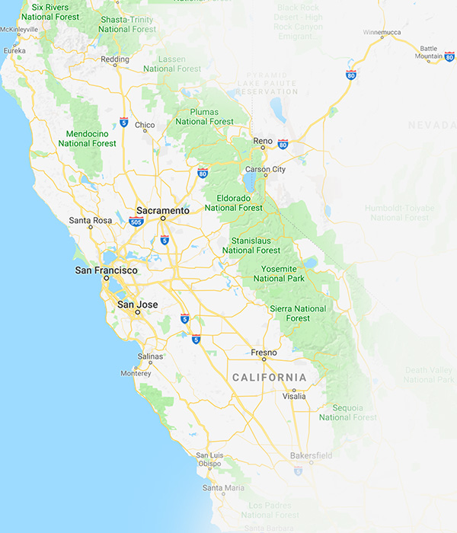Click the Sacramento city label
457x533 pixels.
[162, 210]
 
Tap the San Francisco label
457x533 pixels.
[106, 270]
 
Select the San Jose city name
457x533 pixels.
[137, 305]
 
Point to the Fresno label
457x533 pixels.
[264, 353]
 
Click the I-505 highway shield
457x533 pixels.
[136, 222]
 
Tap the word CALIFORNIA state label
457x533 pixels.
[269, 377]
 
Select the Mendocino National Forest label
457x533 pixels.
[87, 138]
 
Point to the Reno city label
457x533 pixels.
[263, 141]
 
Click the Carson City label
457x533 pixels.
[264, 169]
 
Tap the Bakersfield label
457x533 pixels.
[311, 455]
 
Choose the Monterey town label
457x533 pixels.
[136, 374]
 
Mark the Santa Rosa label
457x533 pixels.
[91, 221]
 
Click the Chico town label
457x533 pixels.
[145, 125]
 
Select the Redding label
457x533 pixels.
[115, 59]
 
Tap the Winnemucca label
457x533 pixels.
[382, 34]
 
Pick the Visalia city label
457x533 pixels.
[294, 397]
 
